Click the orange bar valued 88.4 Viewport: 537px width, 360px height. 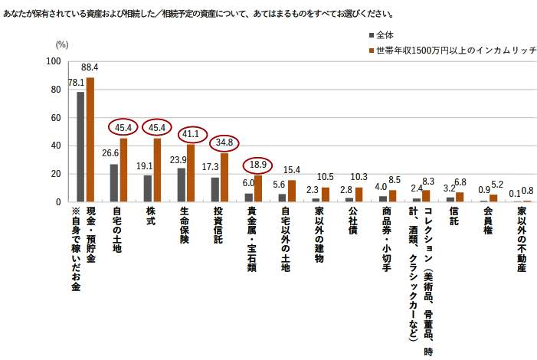(90, 139)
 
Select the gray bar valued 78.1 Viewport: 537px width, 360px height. (80, 146)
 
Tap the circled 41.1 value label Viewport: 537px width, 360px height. (191, 134)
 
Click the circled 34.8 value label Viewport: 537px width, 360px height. (224, 142)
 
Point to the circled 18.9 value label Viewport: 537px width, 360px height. (258, 165)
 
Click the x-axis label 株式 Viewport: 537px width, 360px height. (151, 218)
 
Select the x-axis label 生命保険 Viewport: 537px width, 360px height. (185, 227)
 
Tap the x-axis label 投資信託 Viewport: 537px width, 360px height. (218, 227)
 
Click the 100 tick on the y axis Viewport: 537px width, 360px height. (54, 62)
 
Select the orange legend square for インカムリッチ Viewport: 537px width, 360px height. (372, 50)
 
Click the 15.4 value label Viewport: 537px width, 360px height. (292, 170)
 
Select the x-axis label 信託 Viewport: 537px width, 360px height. (454, 218)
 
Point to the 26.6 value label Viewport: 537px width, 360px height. (110, 153)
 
